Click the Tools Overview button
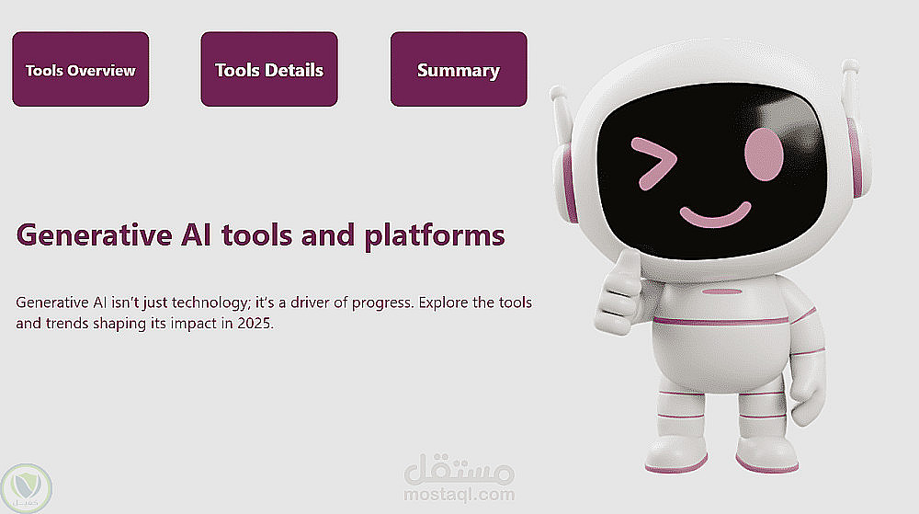(x=80, y=69)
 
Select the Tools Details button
(x=269, y=69)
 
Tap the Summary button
(x=459, y=69)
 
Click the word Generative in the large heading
(x=95, y=235)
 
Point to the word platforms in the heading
(x=435, y=235)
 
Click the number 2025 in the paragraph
(x=255, y=324)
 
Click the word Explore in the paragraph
(x=444, y=303)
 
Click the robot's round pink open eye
(x=764, y=154)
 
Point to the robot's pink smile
(x=716, y=214)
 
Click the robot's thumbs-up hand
(x=618, y=293)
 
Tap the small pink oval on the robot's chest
(x=722, y=291)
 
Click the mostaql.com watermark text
(x=459, y=495)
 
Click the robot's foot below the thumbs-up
(x=676, y=454)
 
